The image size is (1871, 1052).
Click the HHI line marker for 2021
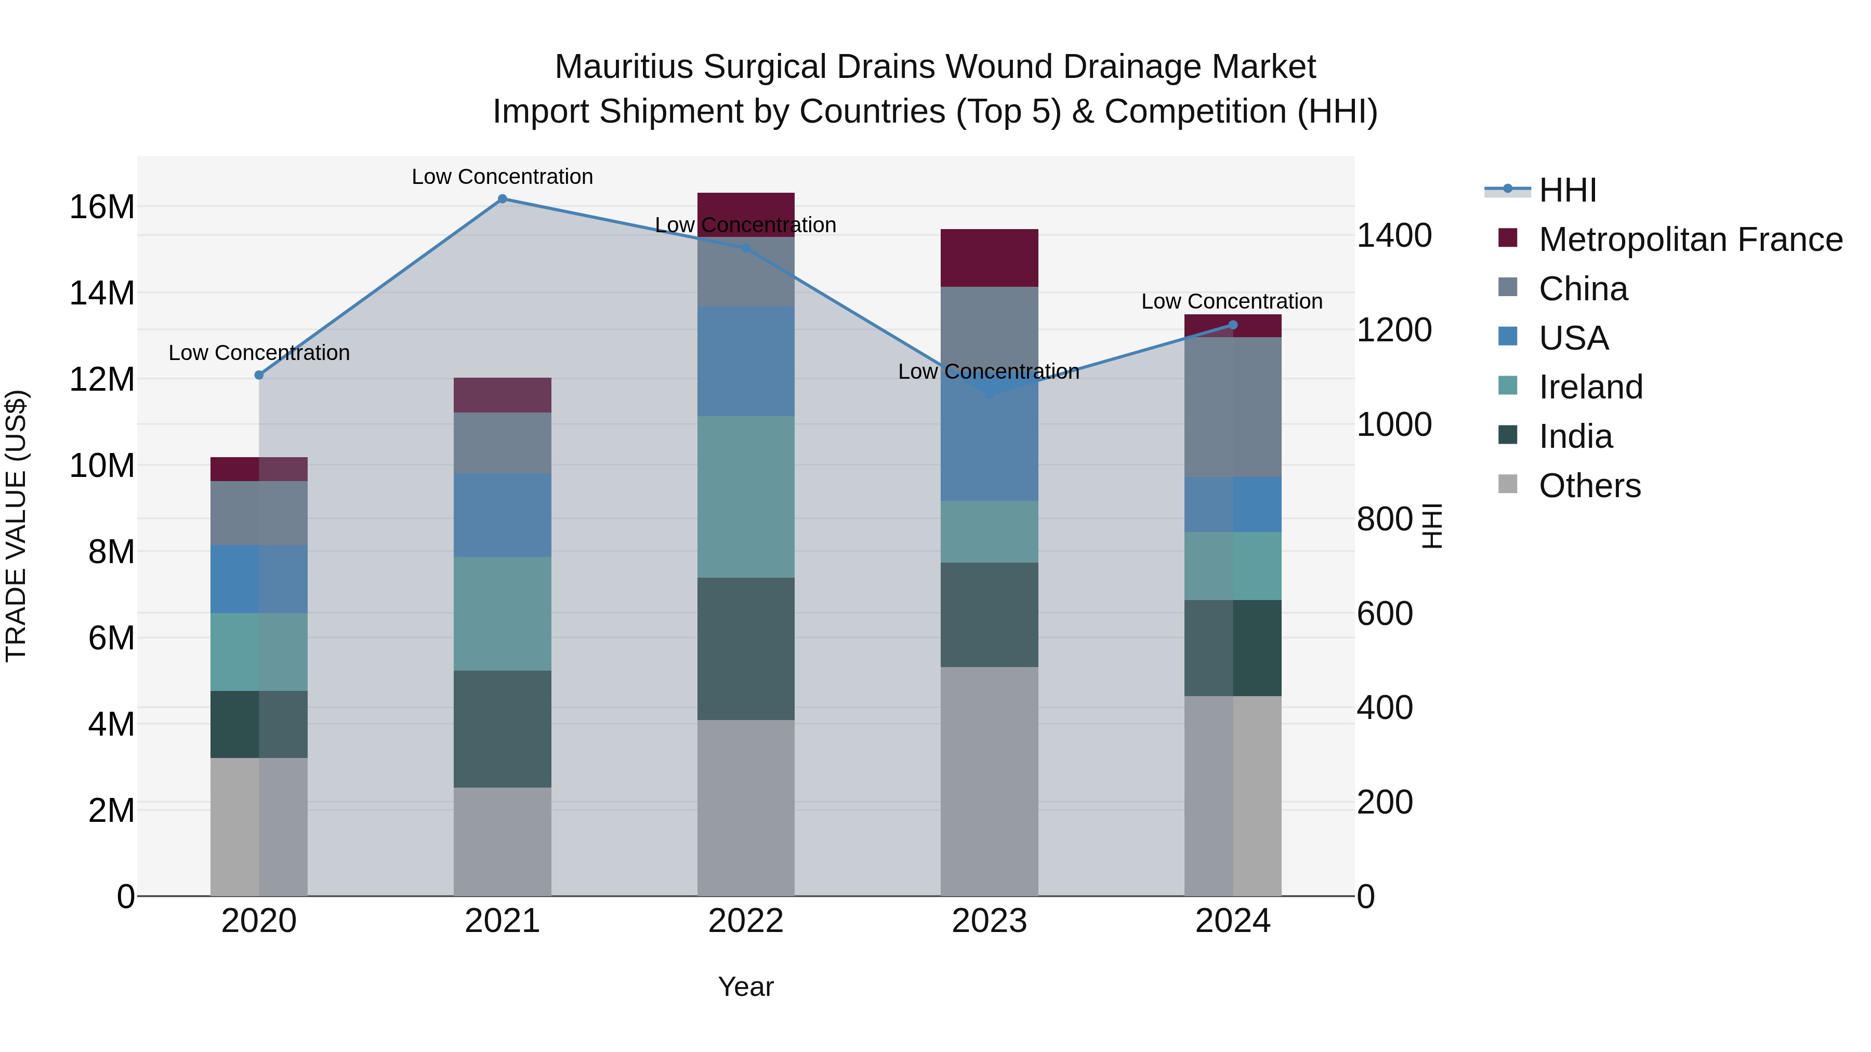click(x=502, y=199)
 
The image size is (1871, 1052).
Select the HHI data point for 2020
click(x=259, y=376)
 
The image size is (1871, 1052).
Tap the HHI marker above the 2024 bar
click(x=1233, y=325)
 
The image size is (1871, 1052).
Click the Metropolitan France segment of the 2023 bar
click(x=989, y=258)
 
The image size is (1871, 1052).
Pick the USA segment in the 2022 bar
click(x=746, y=361)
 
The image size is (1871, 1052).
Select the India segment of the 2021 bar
click(x=502, y=729)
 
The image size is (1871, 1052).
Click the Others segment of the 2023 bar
click(x=989, y=781)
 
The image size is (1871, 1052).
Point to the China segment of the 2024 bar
click(x=1233, y=407)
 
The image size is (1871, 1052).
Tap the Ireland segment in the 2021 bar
click(x=502, y=614)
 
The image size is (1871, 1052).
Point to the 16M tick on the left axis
click(x=102, y=207)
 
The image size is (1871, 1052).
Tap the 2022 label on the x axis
click(x=746, y=921)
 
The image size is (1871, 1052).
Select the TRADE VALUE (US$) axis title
click(x=16, y=526)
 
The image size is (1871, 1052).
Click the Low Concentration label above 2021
click(x=502, y=177)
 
